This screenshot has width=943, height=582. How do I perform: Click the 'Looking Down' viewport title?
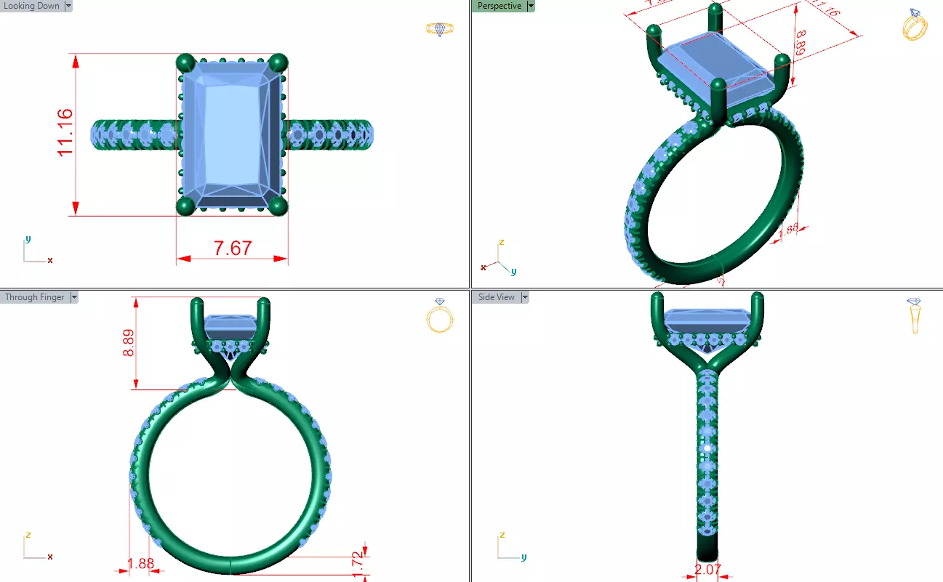click(32, 6)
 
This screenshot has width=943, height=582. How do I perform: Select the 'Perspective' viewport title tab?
click(499, 6)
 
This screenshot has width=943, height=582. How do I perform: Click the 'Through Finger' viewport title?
click(34, 297)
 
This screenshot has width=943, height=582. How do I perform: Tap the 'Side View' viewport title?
click(496, 297)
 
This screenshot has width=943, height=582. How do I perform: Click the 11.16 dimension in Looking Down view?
click(64, 132)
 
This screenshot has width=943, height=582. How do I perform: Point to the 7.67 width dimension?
click(232, 248)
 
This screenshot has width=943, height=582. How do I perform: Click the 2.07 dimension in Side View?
click(707, 570)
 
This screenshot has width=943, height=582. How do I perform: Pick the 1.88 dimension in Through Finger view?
click(140, 564)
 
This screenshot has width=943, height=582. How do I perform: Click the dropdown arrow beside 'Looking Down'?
click(68, 6)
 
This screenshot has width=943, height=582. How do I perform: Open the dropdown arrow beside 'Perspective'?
click(531, 6)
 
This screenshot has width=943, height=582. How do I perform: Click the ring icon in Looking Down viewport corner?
click(439, 29)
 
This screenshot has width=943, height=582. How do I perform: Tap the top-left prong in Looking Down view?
click(186, 62)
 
